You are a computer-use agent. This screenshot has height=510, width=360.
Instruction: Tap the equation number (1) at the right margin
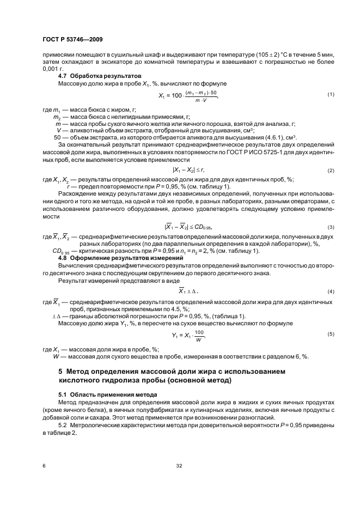[330, 95]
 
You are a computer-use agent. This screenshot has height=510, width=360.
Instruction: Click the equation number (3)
[330, 227]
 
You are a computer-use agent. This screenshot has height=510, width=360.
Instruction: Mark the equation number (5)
[330, 333]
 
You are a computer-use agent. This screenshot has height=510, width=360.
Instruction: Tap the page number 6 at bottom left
[43, 466]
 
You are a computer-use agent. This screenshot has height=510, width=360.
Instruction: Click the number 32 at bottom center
[179, 466]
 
